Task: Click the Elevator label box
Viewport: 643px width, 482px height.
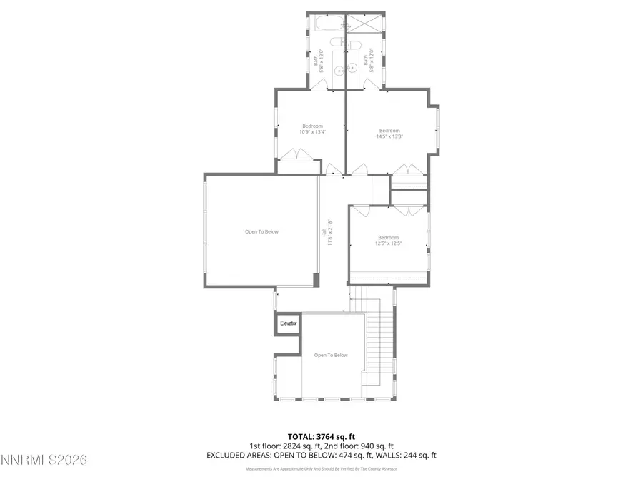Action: click(288, 323)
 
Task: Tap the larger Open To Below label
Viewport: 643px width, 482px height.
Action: click(261, 231)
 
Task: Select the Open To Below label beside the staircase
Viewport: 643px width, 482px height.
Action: click(331, 355)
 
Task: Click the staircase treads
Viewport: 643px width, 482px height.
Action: click(381, 336)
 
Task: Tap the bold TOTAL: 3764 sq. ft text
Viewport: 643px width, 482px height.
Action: click(321, 436)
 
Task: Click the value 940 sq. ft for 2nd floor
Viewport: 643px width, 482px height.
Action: click(379, 445)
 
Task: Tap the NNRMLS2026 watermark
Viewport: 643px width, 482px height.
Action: click(44, 460)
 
